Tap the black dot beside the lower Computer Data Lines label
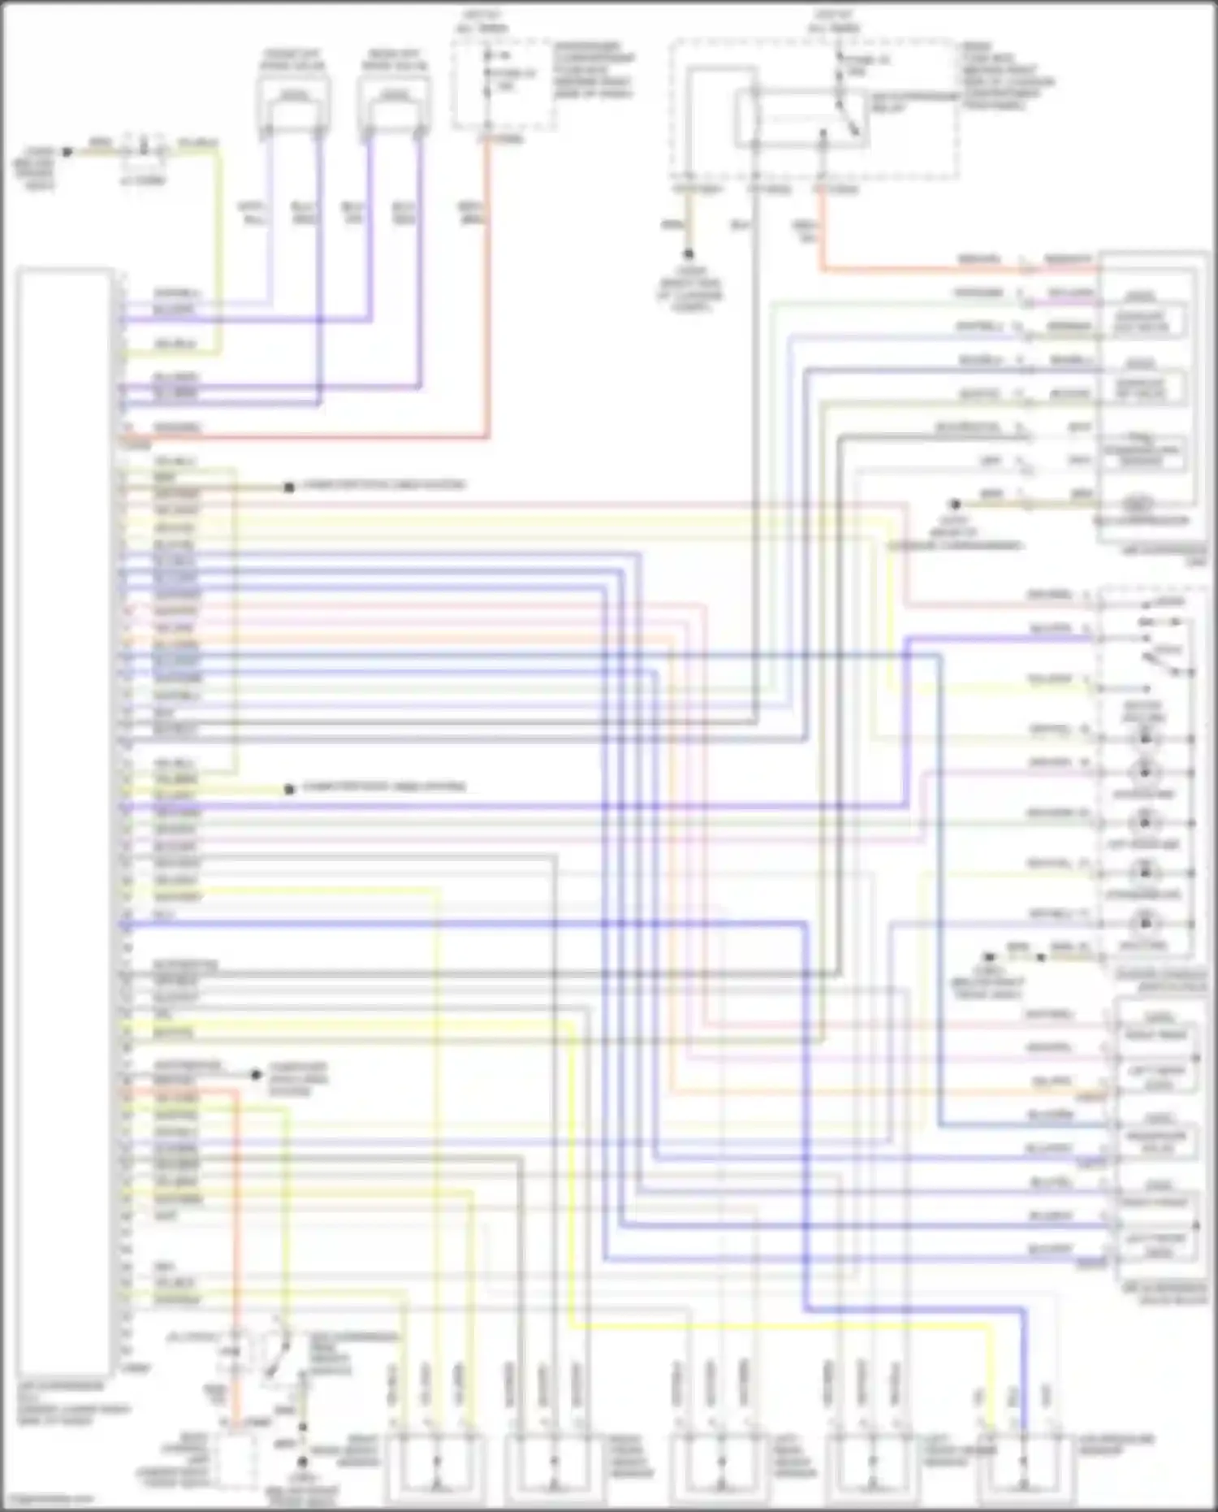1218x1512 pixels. pyautogui.click(x=289, y=789)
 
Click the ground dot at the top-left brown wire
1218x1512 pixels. pyautogui.click(x=67, y=152)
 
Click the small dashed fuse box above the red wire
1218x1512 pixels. pyautogui.click(x=503, y=85)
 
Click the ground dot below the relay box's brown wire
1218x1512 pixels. pyautogui.click(x=689, y=254)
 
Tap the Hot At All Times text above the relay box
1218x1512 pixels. pyautogui.click(x=832, y=22)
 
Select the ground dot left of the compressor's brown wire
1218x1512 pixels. pyautogui.click(x=956, y=505)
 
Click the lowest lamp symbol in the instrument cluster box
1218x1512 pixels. pyautogui.click(x=1145, y=923)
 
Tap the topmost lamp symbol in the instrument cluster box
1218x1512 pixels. pyautogui.click(x=1145, y=738)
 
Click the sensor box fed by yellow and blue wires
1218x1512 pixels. pyautogui.click(x=1022, y=1467)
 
